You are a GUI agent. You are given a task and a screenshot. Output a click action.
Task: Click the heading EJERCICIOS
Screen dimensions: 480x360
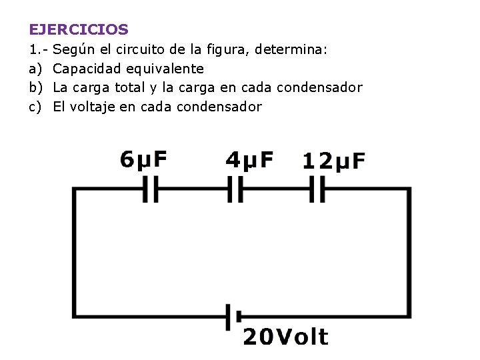click(x=79, y=29)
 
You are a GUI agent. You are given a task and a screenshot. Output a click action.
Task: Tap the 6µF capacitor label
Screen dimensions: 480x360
click(x=143, y=159)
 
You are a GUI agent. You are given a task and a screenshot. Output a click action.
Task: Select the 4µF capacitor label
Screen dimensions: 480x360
click(x=249, y=159)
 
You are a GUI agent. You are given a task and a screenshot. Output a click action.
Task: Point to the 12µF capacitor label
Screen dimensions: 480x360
click(x=334, y=161)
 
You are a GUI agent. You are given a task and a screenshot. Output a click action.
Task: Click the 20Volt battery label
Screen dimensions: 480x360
click(x=285, y=337)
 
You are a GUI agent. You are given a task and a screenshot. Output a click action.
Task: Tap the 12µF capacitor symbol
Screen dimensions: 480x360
click(x=317, y=190)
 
